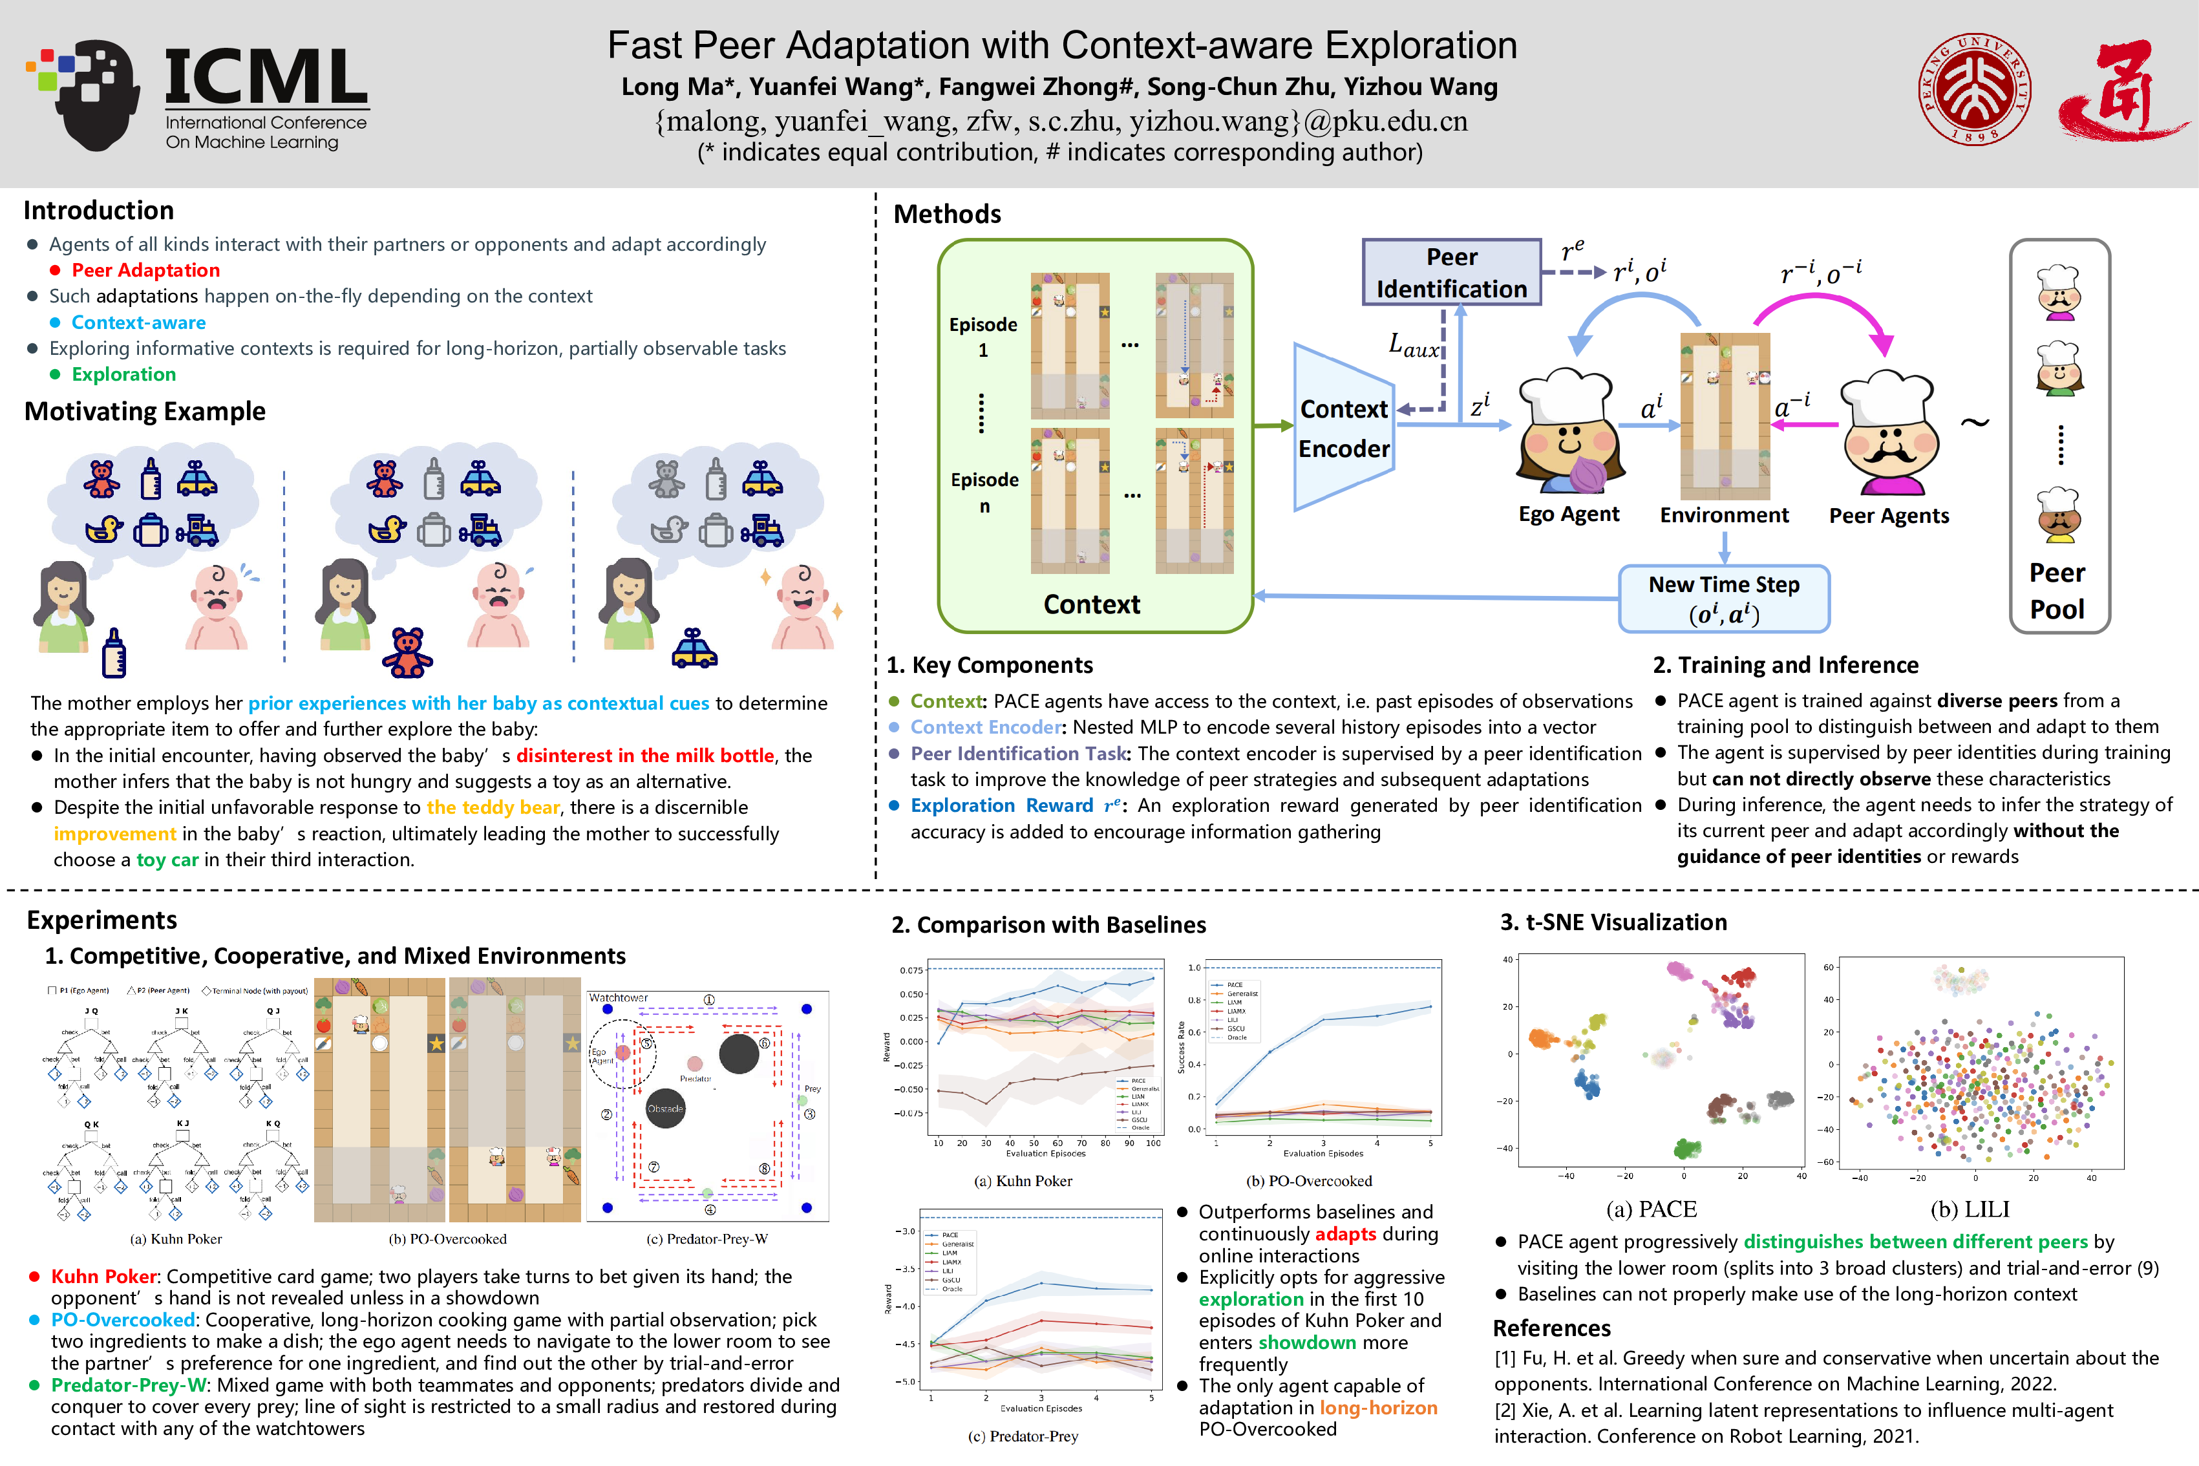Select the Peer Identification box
coord(1451,272)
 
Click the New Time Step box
coord(1723,599)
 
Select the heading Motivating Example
coord(145,411)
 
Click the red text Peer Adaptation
coord(146,270)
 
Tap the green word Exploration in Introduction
coord(123,374)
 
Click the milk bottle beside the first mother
coord(114,653)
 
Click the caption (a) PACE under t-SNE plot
coord(1651,1209)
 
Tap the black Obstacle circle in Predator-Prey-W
coord(666,1109)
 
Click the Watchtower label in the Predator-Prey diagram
coord(618,997)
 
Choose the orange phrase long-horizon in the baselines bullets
coord(1378,1407)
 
